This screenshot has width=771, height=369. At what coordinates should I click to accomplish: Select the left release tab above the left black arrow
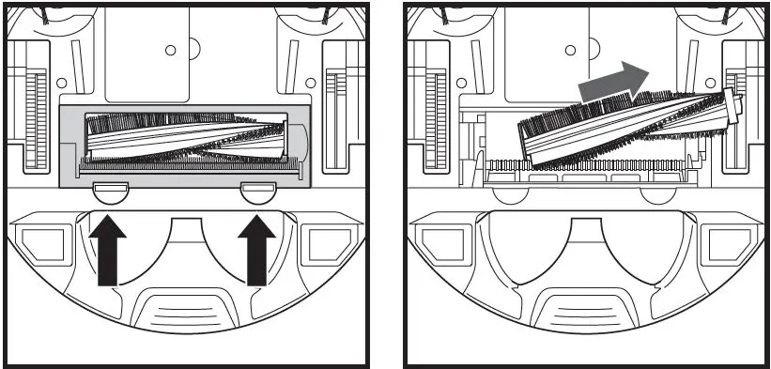point(112,192)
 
